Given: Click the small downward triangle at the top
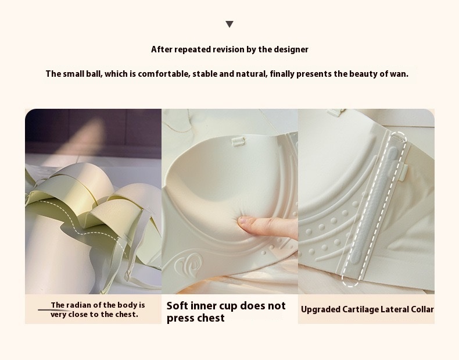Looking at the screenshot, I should pyautogui.click(x=229, y=24).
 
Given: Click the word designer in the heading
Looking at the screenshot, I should pyautogui.click(x=289, y=49).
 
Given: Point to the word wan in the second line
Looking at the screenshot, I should pyautogui.click(x=398, y=74).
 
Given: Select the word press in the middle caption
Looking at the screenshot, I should pyautogui.click(x=180, y=318).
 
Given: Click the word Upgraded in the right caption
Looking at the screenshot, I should pyautogui.click(x=320, y=309).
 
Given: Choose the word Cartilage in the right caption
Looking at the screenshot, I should pyautogui.click(x=361, y=309).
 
